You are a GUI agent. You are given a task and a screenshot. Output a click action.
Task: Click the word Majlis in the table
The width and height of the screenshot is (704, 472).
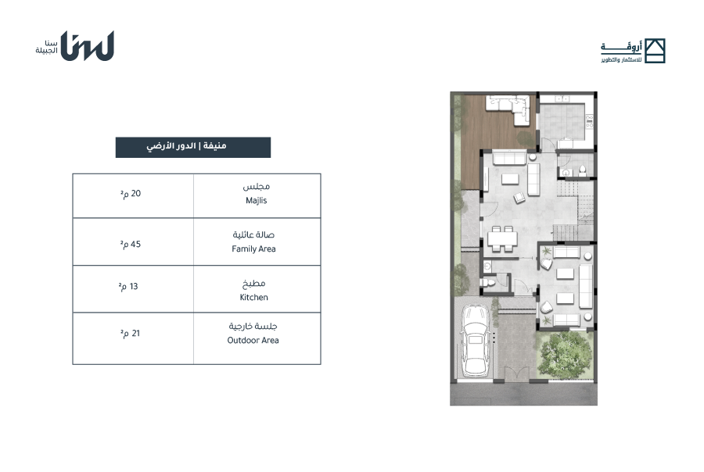256,201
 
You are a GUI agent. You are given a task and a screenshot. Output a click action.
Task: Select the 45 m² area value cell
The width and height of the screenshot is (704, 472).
130,244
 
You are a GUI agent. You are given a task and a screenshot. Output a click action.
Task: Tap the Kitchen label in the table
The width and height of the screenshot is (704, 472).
253,297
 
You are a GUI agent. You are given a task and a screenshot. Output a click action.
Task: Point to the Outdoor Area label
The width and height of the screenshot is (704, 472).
253,340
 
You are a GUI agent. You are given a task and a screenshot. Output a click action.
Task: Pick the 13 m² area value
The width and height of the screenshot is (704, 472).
128,286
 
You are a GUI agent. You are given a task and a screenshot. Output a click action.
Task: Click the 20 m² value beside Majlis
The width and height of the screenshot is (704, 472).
130,193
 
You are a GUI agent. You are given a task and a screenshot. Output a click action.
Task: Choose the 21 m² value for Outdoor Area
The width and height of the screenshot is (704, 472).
130,334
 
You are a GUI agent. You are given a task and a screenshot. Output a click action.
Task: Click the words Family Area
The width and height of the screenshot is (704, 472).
253,249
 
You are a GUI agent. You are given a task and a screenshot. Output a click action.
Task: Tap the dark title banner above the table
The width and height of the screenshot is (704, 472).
193,147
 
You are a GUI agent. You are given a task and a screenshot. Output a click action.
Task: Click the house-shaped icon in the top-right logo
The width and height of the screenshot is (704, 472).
655,51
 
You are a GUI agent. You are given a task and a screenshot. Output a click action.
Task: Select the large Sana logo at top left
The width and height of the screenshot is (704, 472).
87,45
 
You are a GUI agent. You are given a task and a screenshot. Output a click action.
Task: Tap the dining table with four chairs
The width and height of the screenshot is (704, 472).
502,238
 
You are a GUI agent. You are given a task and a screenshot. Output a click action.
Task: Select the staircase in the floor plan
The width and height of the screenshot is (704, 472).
575,211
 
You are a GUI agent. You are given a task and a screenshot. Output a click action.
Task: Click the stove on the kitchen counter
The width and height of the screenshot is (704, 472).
589,121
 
